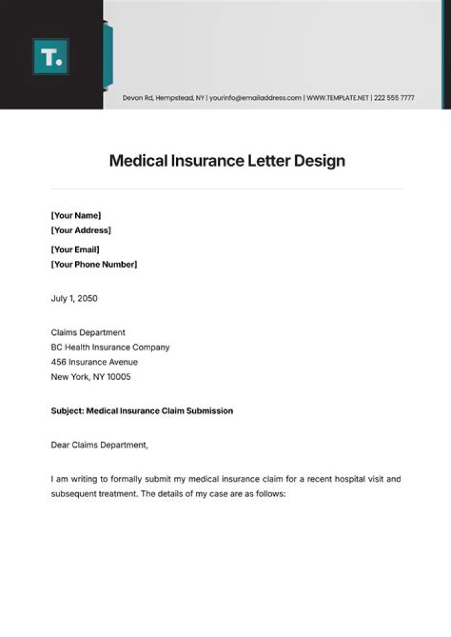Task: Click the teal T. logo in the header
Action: click(x=50, y=57)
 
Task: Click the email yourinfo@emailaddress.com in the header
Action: click(x=256, y=98)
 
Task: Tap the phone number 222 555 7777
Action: click(x=394, y=98)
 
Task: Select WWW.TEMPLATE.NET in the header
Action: click(x=338, y=98)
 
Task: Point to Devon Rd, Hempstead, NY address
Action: click(x=163, y=98)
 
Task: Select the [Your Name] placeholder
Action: click(x=75, y=215)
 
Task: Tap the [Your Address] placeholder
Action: click(x=81, y=230)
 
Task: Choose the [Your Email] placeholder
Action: click(x=75, y=250)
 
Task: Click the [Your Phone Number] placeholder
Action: click(x=94, y=264)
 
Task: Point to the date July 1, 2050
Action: click(x=74, y=298)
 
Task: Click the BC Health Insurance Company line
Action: click(x=110, y=347)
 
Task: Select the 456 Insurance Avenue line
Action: click(x=94, y=362)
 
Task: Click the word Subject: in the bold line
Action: click(x=68, y=411)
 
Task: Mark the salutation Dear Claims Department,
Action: click(x=100, y=445)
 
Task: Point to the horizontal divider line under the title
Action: click(x=227, y=189)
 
